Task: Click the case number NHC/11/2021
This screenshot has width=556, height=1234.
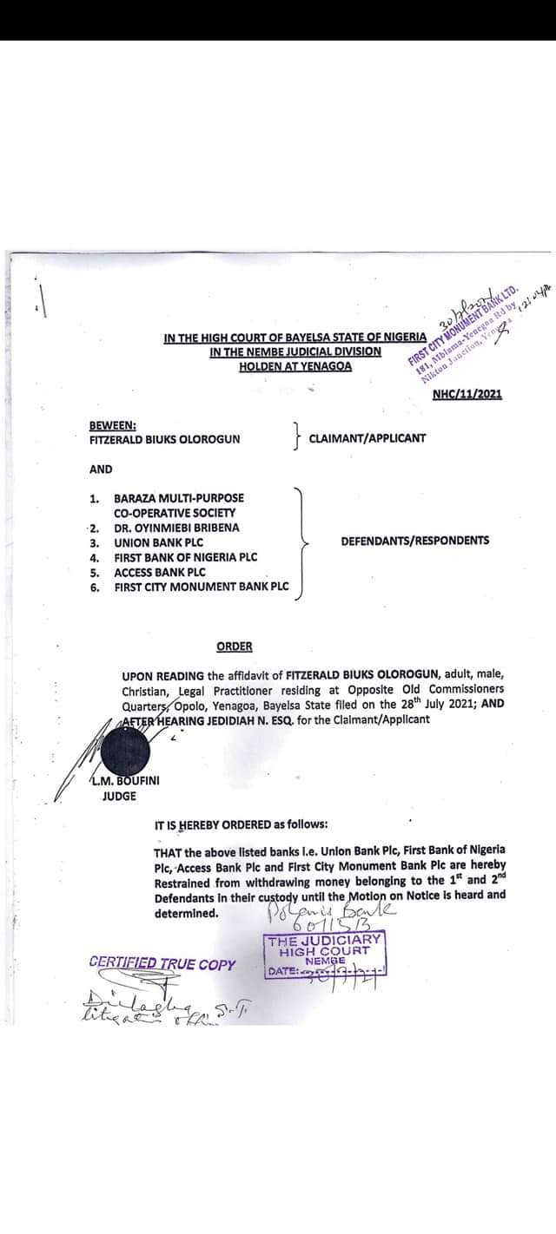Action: point(467,395)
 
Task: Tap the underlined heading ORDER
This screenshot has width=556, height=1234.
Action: point(235,646)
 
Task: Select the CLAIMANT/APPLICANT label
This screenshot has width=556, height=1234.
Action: point(367,438)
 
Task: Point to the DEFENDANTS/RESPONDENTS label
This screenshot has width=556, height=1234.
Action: point(414,541)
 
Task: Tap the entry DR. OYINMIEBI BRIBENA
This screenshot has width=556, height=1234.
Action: point(176,528)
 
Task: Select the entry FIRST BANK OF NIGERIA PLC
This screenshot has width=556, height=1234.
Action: point(185,557)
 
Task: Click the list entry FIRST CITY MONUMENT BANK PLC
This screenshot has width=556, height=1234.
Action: point(201,587)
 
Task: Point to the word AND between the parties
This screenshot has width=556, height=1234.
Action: point(101,469)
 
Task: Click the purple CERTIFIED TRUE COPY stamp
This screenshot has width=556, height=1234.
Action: point(162,963)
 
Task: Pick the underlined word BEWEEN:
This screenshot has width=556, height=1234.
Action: point(112,424)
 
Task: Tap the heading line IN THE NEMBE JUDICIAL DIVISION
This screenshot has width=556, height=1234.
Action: point(295,351)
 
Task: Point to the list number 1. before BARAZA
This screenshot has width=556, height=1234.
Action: point(93,498)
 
